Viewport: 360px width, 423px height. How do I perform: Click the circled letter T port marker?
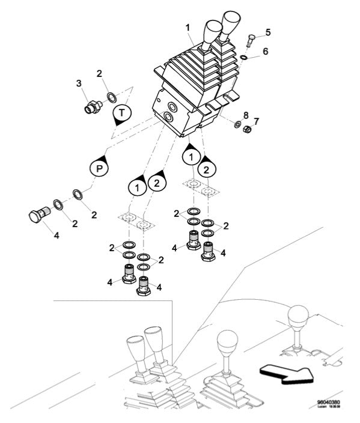(122, 112)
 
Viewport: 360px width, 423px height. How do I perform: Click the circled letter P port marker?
(99, 169)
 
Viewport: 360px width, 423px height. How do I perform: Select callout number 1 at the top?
(188, 28)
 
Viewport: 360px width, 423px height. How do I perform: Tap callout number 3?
(78, 84)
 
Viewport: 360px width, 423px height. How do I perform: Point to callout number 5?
(268, 31)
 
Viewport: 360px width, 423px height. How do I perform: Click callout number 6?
(265, 52)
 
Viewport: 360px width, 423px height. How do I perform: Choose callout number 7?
(256, 121)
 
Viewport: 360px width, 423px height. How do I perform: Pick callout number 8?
(246, 114)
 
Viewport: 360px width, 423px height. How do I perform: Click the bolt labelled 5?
(251, 41)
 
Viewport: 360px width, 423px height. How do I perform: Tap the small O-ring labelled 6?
(242, 58)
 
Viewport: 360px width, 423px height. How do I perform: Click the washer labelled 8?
(237, 125)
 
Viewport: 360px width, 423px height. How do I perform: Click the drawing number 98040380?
(329, 403)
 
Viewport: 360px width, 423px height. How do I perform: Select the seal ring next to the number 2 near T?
(112, 96)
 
